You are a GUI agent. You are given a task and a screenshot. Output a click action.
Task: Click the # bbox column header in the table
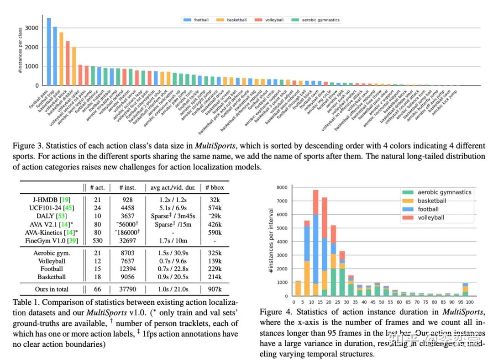click(220, 187)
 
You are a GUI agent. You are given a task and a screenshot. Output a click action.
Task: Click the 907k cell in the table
click(220, 289)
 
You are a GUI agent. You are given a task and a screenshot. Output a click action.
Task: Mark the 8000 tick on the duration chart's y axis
click(284, 187)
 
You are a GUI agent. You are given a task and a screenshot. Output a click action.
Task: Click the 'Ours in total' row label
click(51, 289)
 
